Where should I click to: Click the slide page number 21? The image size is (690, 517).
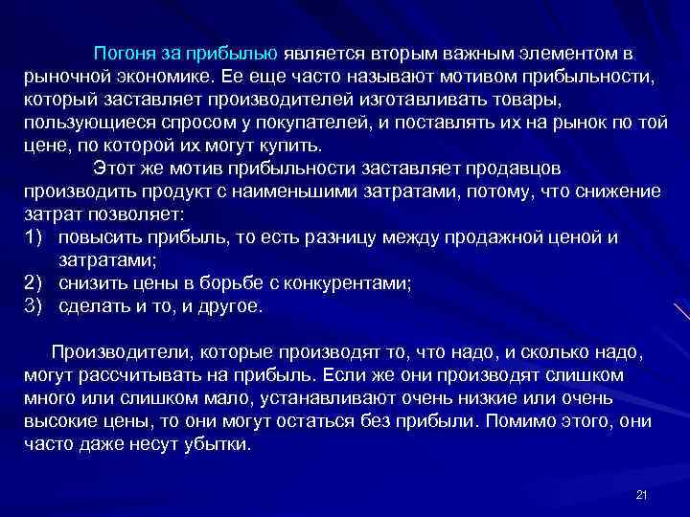642,494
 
